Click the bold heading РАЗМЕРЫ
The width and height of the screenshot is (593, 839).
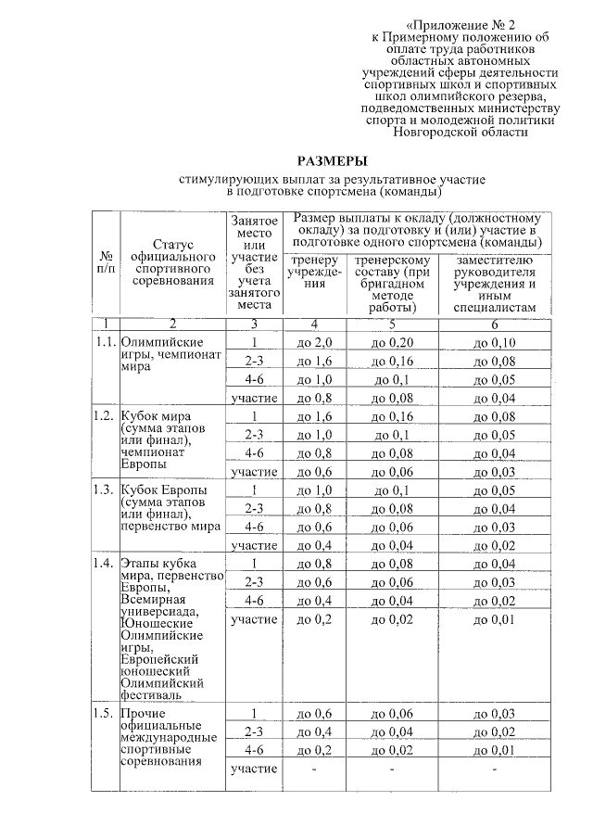[331, 159]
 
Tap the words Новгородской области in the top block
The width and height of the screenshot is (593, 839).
[461, 133]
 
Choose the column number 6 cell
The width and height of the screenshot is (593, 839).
[494, 324]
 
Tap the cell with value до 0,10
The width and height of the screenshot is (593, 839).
[494, 343]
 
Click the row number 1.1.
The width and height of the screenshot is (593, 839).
[105, 341]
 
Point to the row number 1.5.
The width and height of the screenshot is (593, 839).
[105, 713]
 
